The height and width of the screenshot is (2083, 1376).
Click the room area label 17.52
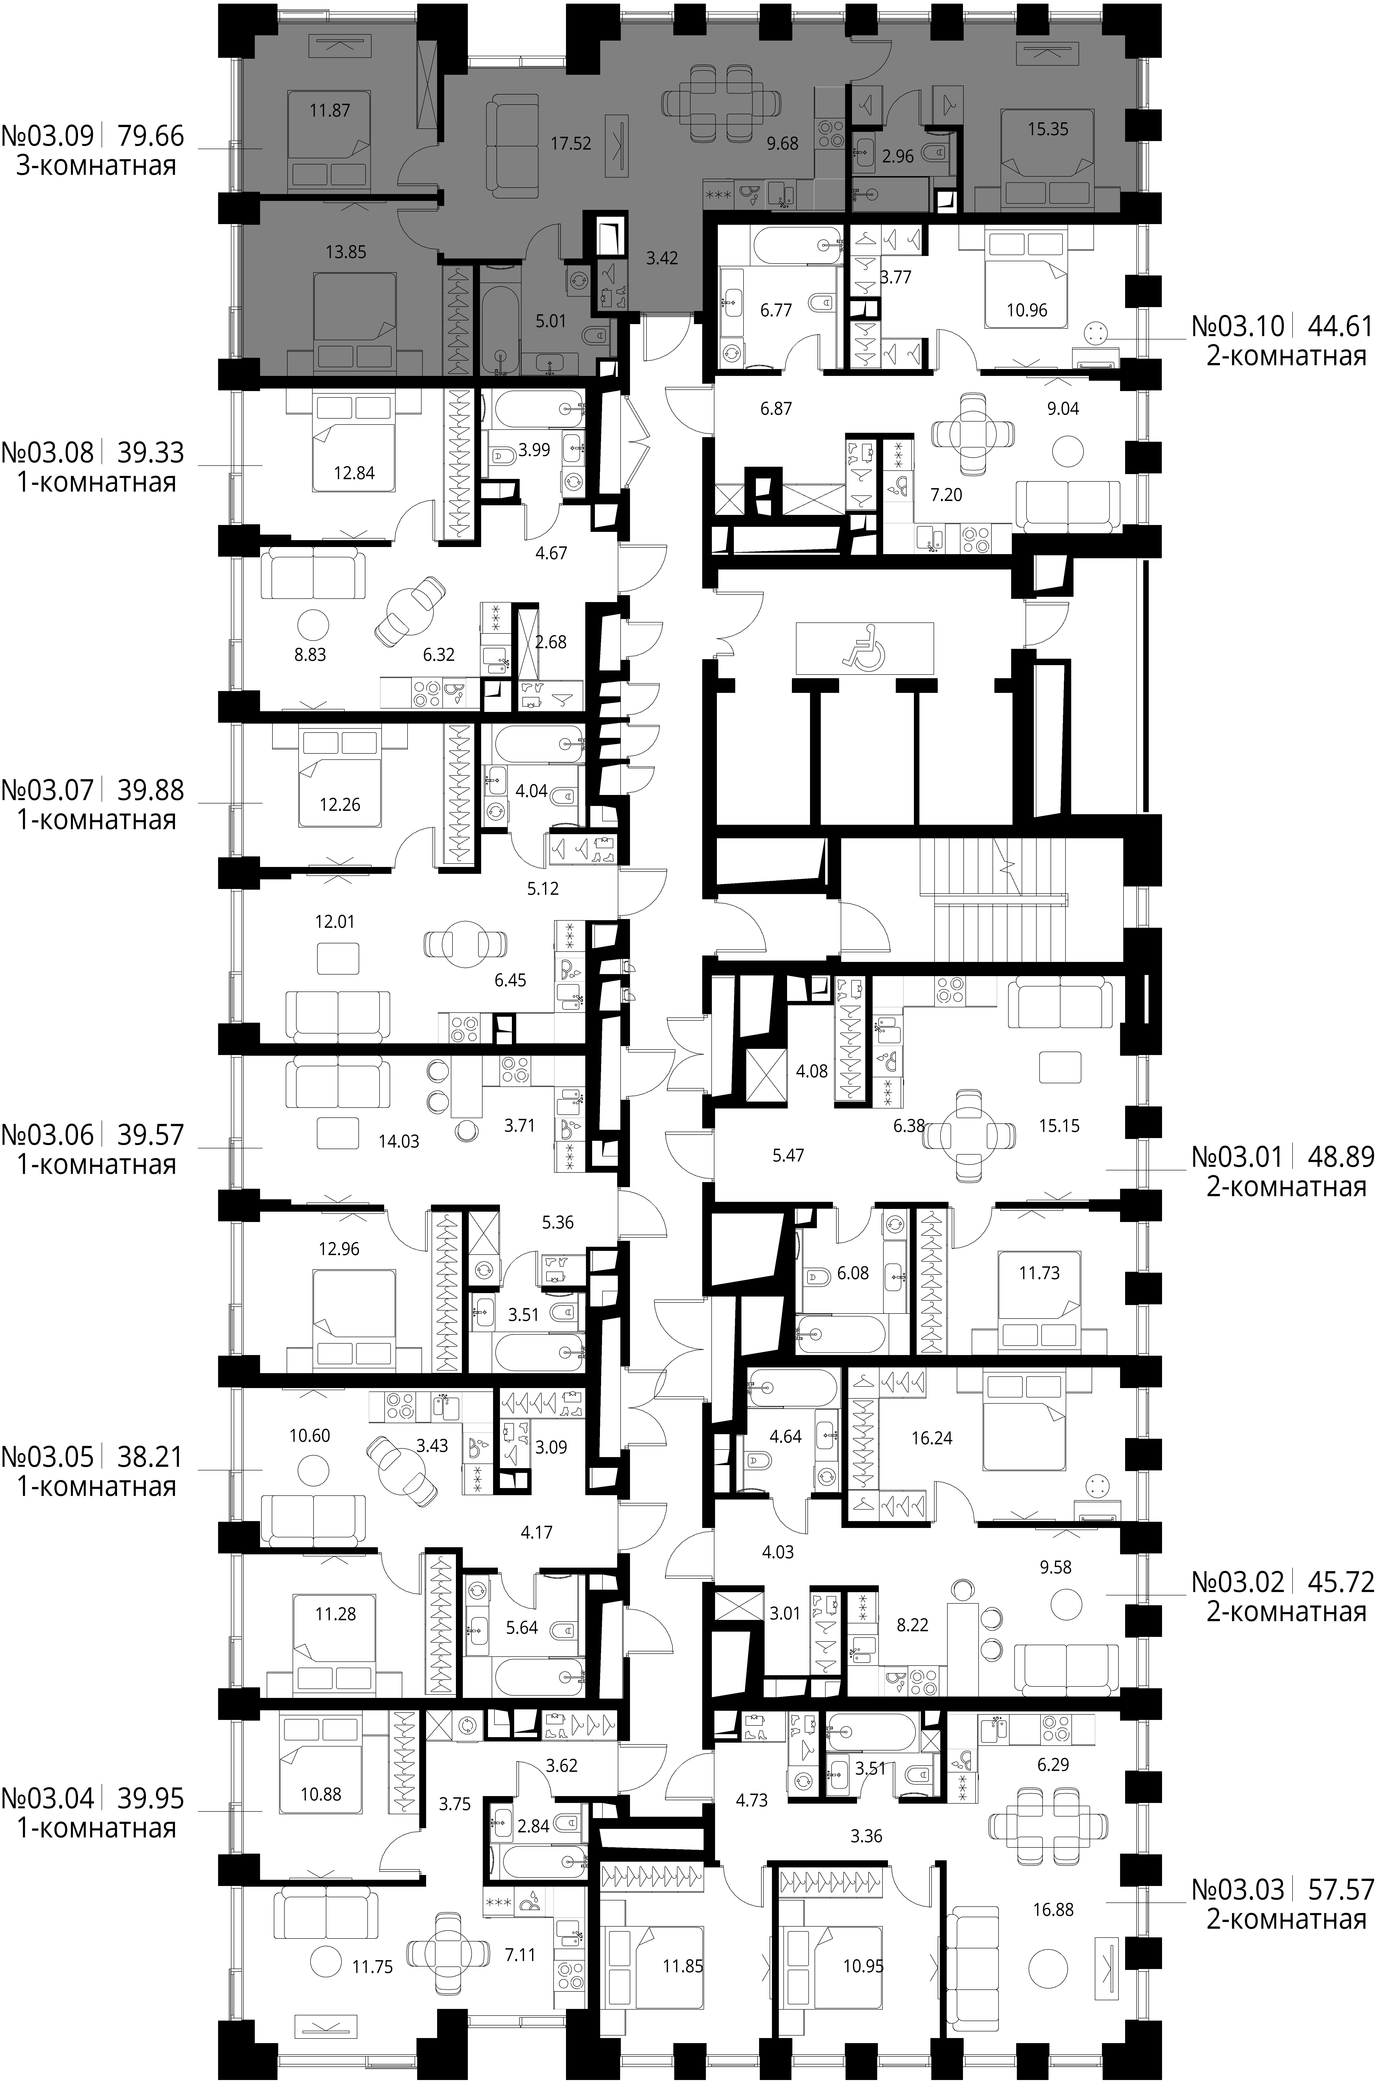tap(570, 143)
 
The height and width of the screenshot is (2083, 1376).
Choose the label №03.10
tap(1237, 326)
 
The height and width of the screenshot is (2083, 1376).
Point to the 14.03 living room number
tap(398, 1141)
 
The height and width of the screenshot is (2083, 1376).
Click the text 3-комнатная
tap(97, 166)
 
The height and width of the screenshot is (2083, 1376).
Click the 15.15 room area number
tap(1059, 1126)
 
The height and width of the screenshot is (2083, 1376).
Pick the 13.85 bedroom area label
tap(346, 252)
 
